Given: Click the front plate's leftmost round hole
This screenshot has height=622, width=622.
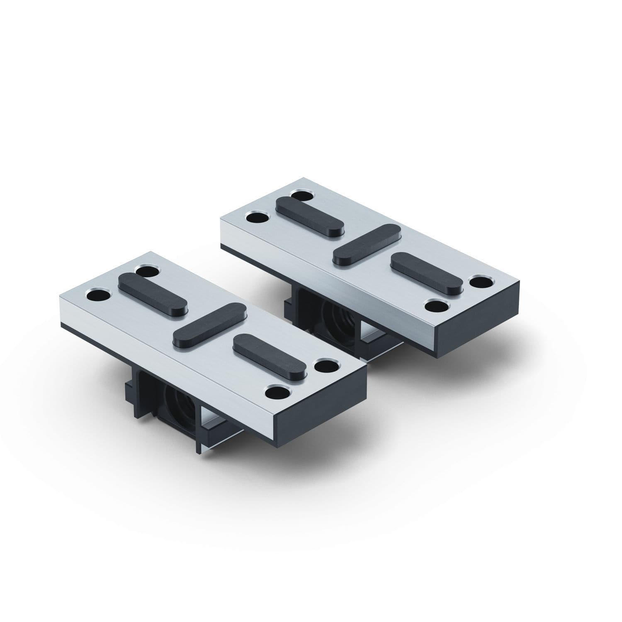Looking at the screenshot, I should click(x=98, y=296).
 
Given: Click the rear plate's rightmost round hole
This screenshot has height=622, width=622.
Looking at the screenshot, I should click(x=482, y=282).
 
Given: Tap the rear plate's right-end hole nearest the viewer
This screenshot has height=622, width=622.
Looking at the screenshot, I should click(x=437, y=306).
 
